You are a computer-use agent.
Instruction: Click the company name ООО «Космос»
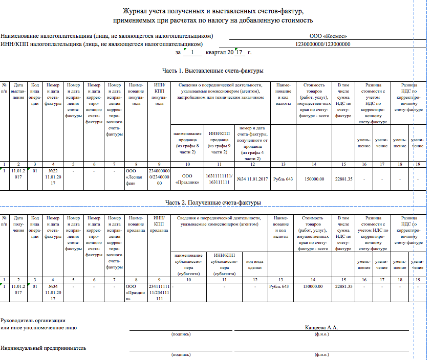328,36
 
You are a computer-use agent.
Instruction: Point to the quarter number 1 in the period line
191,52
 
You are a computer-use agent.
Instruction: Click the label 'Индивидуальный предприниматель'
44,348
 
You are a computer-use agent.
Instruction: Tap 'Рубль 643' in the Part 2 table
278,286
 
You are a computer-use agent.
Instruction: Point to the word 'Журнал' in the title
134,11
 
